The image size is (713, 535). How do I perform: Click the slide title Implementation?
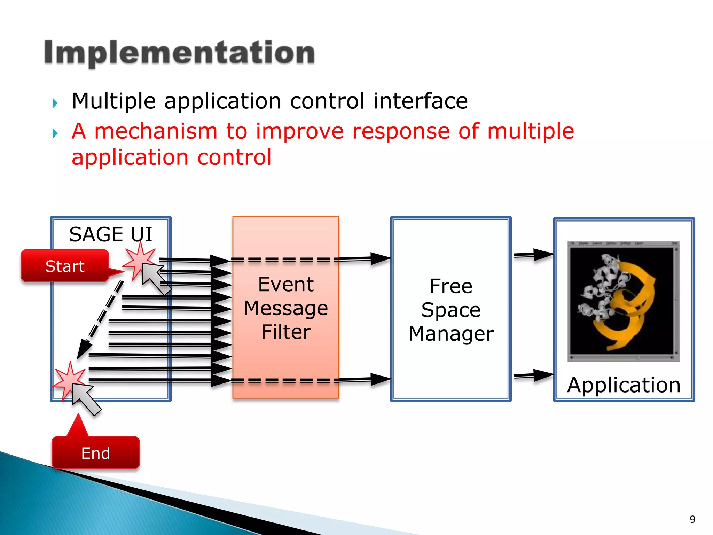pyautogui.click(x=179, y=53)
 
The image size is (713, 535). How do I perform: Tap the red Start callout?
pyautogui.click(x=65, y=266)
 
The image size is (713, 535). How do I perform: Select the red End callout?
pyautogui.click(x=96, y=453)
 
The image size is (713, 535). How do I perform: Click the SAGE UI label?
pyautogui.click(x=111, y=234)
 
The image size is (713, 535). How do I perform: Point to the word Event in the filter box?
pyautogui.click(x=286, y=285)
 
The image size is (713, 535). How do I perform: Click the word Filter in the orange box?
pyautogui.click(x=286, y=332)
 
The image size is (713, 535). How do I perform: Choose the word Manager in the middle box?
pyautogui.click(x=451, y=334)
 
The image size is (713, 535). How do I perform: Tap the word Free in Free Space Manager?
pyautogui.click(x=451, y=286)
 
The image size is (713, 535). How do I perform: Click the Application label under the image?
pyautogui.click(x=624, y=385)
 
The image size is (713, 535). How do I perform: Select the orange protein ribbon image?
pyautogui.click(x=623, y=301)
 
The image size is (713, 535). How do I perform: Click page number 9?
pyautogui.click(x=692, y=519)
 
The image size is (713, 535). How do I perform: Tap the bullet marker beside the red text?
pyautogui.click(x=55, y=133)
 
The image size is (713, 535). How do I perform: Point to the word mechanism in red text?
pyautogui.click(x=156, y=131)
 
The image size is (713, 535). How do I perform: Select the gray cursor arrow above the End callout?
pyautogui.click(x=85, y=398)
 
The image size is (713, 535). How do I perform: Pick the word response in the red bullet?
pyautogui.click(x=401, y=131)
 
